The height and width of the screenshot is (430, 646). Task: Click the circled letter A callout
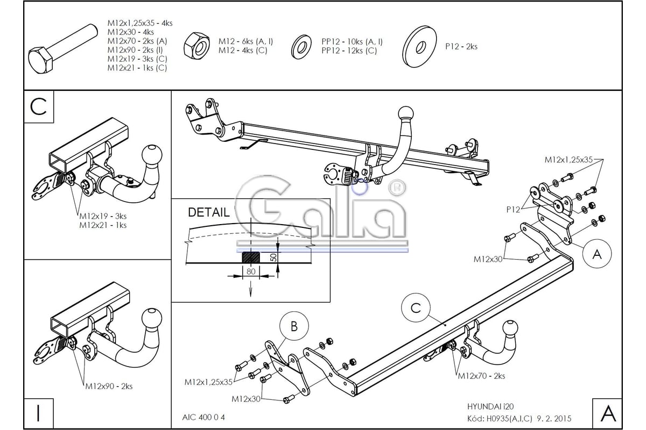[596, 254]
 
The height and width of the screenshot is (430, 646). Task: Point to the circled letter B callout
[293, 326]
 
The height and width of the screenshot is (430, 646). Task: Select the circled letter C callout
[416, 308]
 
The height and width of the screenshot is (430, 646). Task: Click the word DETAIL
[208, 212]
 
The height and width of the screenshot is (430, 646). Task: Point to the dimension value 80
[250, 272]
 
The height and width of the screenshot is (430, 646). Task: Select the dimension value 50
[273, 257]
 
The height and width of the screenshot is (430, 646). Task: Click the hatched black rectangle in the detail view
[250, 257]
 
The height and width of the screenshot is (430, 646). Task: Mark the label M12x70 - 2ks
[481, 376]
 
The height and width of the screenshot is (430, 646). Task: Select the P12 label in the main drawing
[512, 210]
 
